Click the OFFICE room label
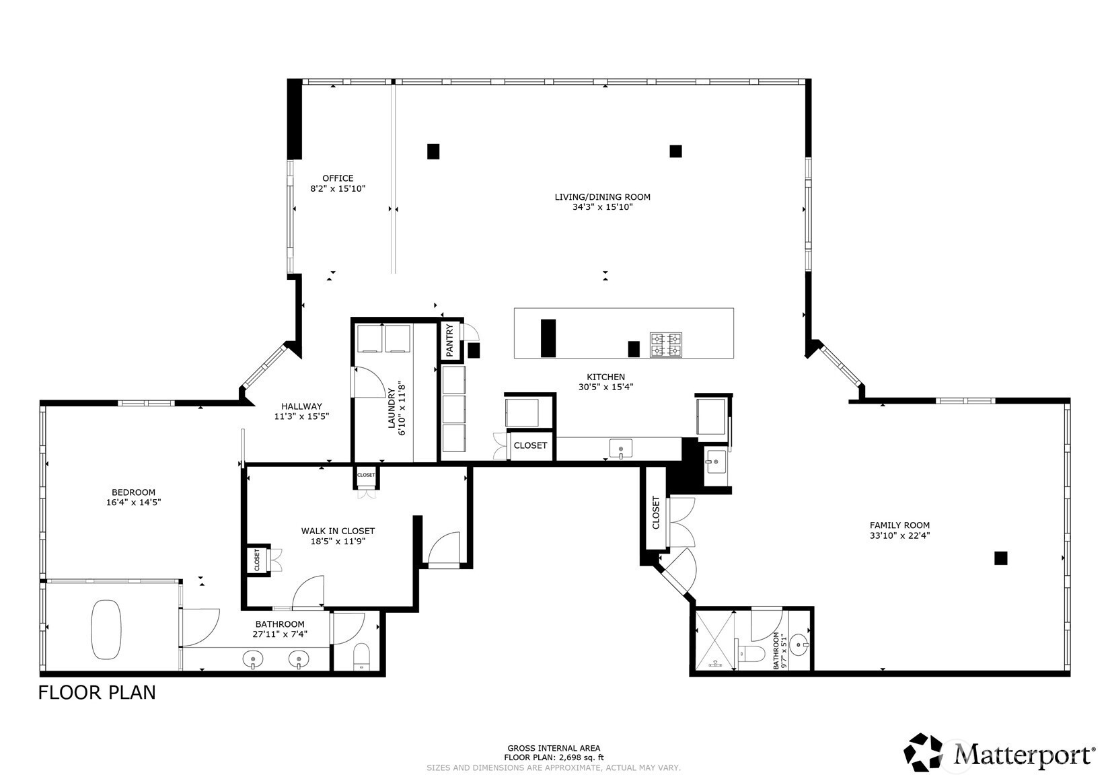(338, 178)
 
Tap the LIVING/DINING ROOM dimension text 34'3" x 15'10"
(603, 207)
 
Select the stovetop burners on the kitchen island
(666, 345)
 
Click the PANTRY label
(449, 340)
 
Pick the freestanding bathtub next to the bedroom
(106, 629)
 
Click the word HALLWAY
(302, 406)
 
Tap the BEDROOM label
(134, 492)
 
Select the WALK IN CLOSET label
(338, 531)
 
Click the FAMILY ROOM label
(899, 525)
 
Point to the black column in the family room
(1000, 558)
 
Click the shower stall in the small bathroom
(714, 640)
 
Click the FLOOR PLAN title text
(97, 692)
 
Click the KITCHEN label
(606, 377)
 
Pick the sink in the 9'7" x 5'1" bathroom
(799, 644)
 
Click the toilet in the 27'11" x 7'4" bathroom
(361, 657)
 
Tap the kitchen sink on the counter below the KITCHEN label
(621, 449)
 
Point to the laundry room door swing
(369, 382)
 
